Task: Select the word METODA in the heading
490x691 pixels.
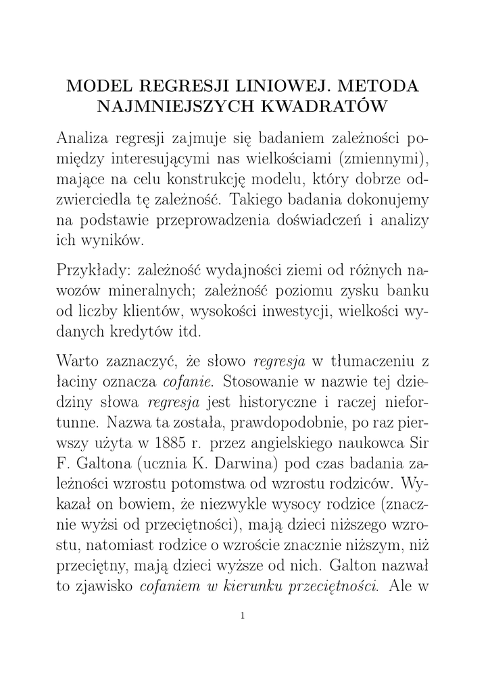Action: [381, 87]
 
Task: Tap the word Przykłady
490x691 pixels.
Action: [92, 270]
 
